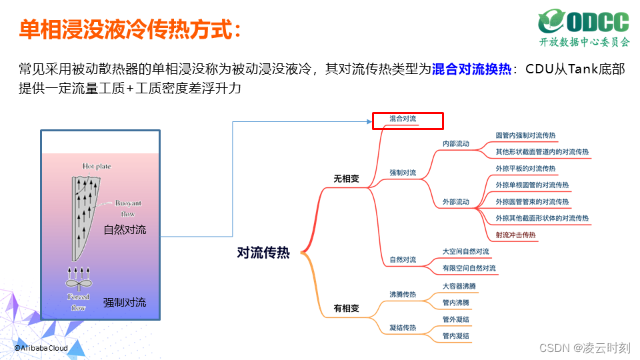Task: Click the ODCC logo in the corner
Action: [584, 27]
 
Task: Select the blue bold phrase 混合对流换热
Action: [471, 69]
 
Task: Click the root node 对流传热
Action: [263, 253]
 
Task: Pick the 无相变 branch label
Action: [346, 179]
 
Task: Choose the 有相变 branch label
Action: [346, 309]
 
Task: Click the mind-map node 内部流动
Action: [456, 144]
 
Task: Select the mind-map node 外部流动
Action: [456, 202]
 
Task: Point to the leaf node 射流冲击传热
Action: [515, 235]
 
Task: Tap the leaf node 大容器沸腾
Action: [459, 286]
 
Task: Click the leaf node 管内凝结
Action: [456, 336]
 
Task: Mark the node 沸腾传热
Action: [403, 294]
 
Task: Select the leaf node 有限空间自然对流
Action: [469, 269]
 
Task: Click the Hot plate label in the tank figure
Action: [97, 166]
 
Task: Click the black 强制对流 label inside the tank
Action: [125, 303]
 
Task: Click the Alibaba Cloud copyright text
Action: [41, 348]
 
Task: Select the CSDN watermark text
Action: [585, 347]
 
